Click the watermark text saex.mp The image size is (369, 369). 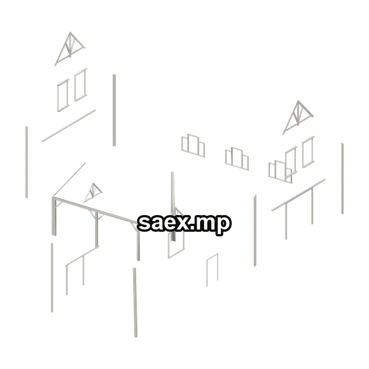coord(184,224)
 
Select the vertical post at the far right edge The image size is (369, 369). coord(342,178)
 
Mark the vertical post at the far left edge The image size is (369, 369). coord(27,162)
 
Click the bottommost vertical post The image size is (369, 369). coord(135,302)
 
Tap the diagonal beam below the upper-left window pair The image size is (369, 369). coord(69,126)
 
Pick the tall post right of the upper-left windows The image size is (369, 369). coord(114,110)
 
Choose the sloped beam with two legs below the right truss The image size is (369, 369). coord(299,195)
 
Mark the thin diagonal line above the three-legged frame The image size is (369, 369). coord(69,180)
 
